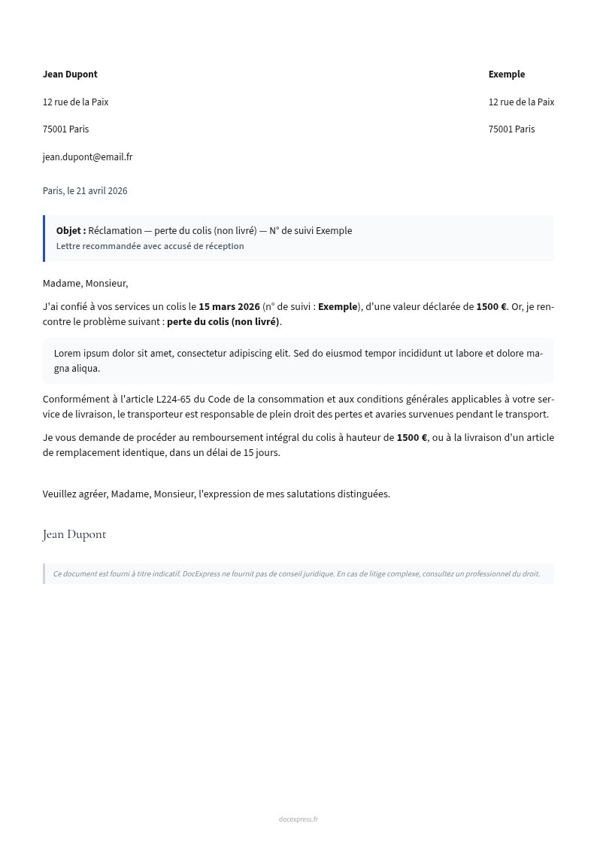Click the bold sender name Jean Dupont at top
[x=70, y=74]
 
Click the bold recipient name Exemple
[x=506, y=74]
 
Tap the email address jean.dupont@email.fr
[x=87, y=157]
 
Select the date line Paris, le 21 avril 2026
[x=85, y=191]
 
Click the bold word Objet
[x=70, y=231]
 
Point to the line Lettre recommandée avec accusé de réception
[x=150, y=246]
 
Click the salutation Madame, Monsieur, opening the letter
[x=85, y=284]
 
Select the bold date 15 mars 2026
[x=229, y=307]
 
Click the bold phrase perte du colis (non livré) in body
[x=223, y=322]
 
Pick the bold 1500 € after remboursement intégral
[x=411, y=438]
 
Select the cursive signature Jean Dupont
[x=74, y=535]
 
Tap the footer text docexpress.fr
[x=298, y=819]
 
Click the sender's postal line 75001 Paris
[x=65, y=129]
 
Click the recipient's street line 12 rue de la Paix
[x=521, y=102]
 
